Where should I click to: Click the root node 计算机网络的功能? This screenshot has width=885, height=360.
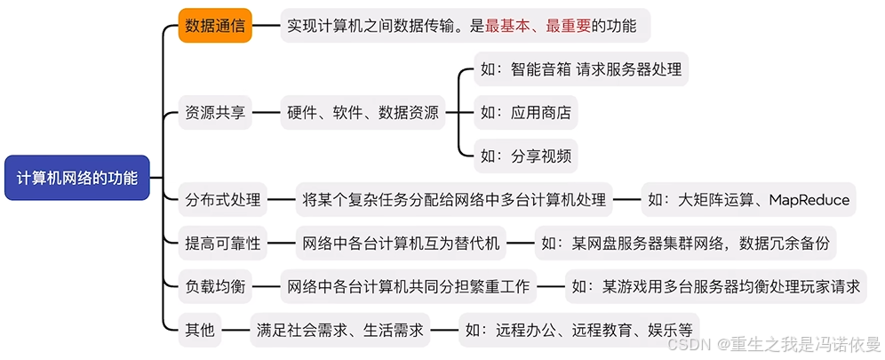click(77, 178)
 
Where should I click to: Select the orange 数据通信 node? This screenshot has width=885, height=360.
click(214, 26)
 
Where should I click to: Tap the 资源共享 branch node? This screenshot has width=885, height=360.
click(214, 113)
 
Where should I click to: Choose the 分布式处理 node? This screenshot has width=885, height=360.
click(223, 200)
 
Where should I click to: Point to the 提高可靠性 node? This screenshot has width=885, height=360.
click(223, 243)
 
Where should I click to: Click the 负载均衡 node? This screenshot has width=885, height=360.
click(214, 286)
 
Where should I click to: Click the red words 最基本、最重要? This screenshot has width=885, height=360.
click(537, 26)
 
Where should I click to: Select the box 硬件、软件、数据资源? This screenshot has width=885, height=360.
click(363, 113)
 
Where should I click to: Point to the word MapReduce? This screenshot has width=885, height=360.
click(809, 200)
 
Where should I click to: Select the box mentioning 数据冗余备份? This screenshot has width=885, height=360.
click(685, 243)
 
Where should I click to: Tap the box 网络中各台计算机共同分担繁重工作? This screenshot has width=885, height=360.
click(409, 286)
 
